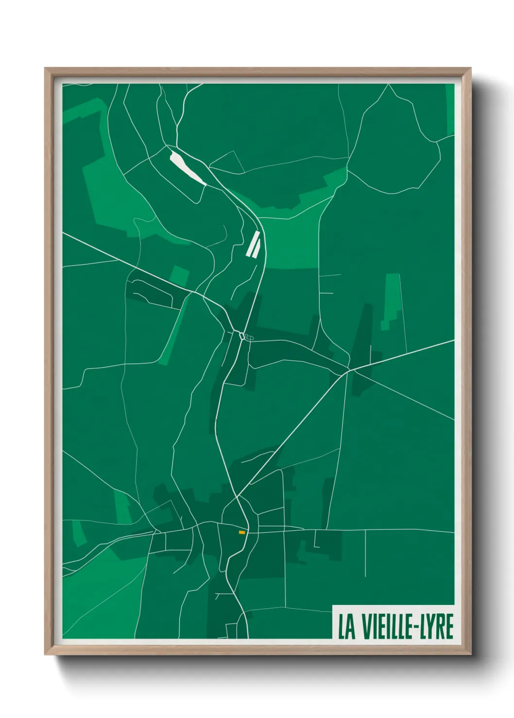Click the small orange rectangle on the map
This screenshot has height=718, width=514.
pos(241,532)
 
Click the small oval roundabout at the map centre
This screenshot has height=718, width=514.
pos(241,335)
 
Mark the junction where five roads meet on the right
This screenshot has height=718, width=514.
pos(349,372)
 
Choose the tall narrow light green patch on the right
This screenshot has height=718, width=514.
pos(392,301)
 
